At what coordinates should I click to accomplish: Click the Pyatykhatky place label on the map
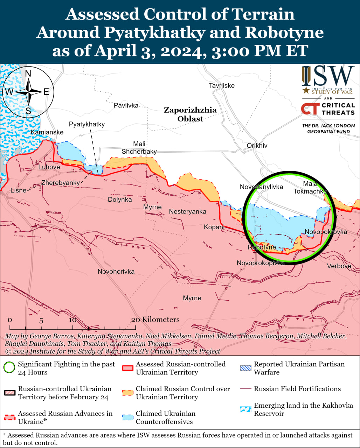point(86,124)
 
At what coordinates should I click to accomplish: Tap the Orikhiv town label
point(257,146)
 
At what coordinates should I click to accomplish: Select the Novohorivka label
point(116,272)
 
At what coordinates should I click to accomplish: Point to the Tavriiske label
point(222,86)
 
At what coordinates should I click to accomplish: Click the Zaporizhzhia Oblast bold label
point(190,114)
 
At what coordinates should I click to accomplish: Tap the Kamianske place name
point(47,132)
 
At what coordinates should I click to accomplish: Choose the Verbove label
point(339,266)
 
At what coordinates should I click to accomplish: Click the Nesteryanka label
point(187,212)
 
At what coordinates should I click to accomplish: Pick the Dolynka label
point(120,199)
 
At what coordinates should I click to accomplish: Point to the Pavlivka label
point(126,105)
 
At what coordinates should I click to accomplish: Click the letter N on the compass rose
point(28,73)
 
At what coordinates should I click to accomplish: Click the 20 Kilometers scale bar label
point(155,320)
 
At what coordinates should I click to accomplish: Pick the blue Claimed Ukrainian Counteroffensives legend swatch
point(128,418)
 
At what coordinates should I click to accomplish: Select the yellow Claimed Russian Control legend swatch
point(128,393)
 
